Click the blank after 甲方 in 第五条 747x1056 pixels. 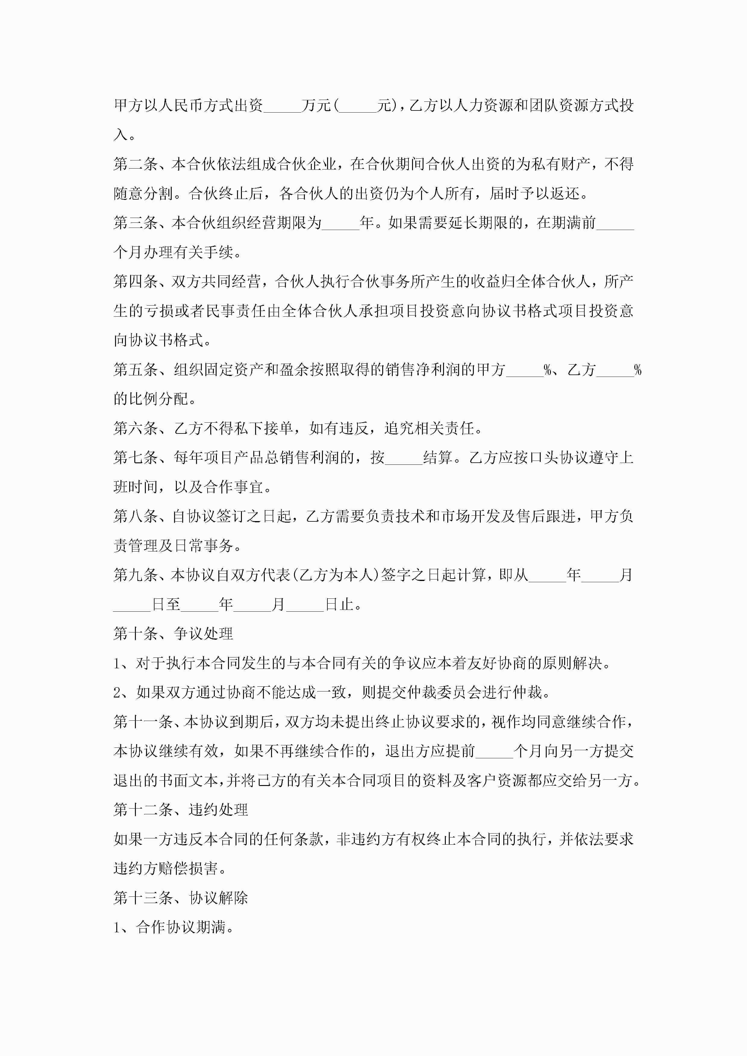(525, 371)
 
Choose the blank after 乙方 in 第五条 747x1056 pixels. (615, 371)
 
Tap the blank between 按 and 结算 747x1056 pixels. (404, 458)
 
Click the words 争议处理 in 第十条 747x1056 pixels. (203, 634)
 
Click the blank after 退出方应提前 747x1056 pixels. (494, 752)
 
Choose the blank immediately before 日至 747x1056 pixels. (132, 605)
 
